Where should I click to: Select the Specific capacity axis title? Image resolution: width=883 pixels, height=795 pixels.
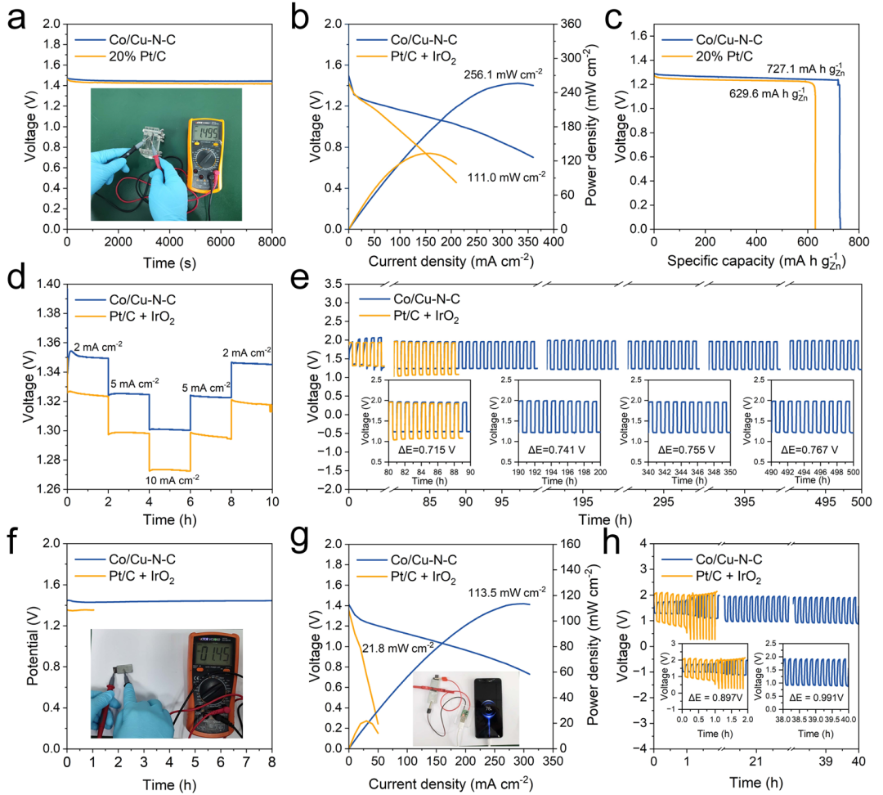[749, 263]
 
